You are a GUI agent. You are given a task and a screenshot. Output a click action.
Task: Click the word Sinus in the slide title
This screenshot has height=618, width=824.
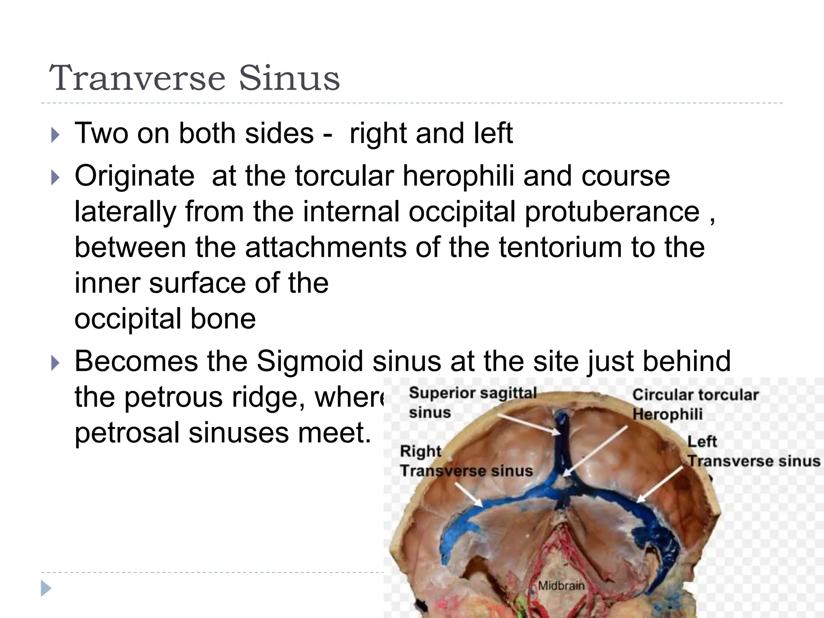tap(289, 78)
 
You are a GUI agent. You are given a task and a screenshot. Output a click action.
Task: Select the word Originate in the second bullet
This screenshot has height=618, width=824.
tap(134, 176)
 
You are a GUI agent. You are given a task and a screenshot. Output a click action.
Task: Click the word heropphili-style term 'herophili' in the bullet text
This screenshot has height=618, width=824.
tap(458, 176)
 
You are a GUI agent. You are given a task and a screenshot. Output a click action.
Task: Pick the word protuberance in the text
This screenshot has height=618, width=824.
tap(612, 212)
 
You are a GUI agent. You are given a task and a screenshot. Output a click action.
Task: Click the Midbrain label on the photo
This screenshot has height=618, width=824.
tap(561, 585)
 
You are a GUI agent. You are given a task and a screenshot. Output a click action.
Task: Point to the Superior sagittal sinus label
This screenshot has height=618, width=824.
tap(472, 402)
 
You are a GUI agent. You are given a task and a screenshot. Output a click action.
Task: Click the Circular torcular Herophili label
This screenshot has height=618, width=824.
tap(695, 404)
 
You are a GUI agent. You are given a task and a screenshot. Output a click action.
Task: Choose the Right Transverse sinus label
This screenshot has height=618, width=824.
tap(466, 461)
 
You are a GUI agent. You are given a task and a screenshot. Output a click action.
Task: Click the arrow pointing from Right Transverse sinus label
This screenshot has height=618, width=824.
tap(469, 494)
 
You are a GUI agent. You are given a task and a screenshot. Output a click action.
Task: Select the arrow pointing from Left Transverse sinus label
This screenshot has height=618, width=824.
tap(660, 485)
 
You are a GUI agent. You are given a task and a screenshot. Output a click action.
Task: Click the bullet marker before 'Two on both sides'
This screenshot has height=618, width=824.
tap(56, 135)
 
